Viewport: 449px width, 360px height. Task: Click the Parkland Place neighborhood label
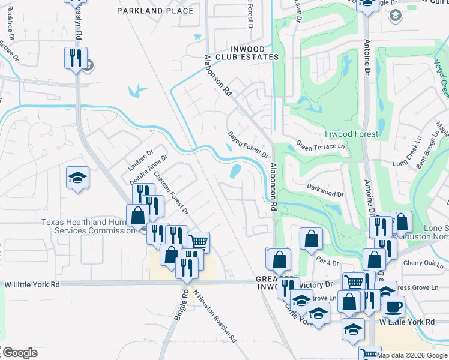(155, 11)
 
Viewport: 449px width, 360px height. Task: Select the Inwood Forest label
(351, 134)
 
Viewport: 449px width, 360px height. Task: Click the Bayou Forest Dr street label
(247, 144)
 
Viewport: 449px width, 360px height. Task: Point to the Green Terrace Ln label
(321, 146)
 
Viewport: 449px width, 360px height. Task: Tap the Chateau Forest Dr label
(171, 194)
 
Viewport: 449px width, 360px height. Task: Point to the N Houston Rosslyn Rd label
(214, 314)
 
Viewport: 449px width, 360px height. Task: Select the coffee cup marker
(393, 306)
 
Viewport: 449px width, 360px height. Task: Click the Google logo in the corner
(19, 353)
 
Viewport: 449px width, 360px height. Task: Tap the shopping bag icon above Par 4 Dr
(311, 239)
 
